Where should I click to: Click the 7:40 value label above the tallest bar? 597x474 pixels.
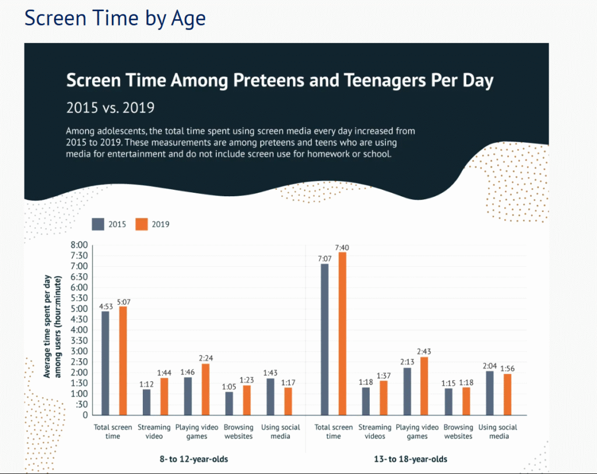point(342,247)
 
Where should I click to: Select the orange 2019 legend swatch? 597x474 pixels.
point(142,224)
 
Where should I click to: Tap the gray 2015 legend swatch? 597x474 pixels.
point(98,224)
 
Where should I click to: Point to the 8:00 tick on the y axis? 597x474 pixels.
point(79,245)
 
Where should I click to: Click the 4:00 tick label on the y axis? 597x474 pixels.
point(79,330)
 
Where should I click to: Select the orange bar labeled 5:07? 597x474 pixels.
point(123,360)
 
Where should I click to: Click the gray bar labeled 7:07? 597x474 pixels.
point(325,339)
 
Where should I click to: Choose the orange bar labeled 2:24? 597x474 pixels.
point(205,389)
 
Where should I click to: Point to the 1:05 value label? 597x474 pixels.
point(229,387)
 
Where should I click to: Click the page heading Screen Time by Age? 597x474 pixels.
point(115,18)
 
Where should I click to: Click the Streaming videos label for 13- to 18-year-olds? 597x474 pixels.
point(375,431)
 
